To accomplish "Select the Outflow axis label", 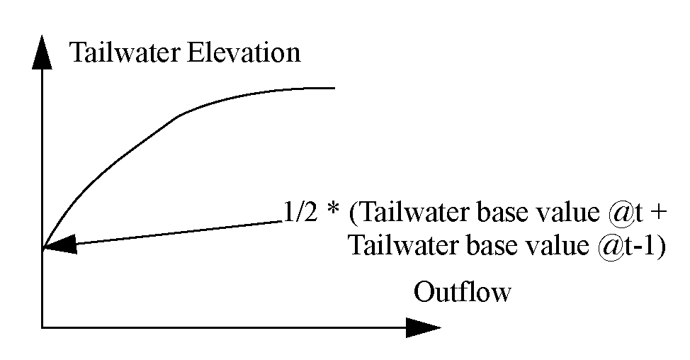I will (x=462, y=292).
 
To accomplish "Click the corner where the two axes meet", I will (x=43, y=327).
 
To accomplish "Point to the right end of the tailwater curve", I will (x=333, y=88).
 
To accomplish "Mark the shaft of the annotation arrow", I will (x=177, y=232).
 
